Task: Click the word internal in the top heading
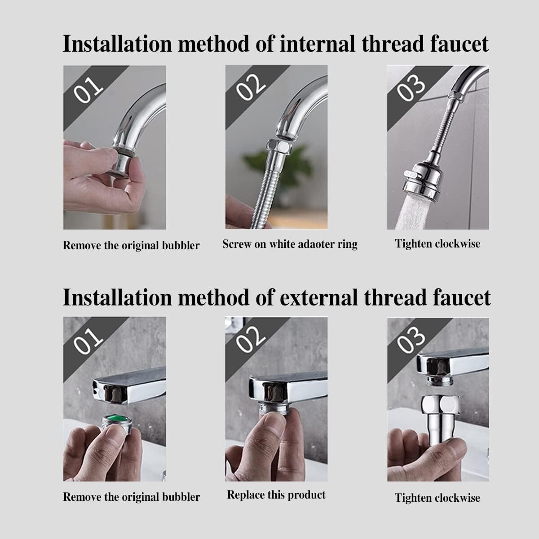tap(317, 44)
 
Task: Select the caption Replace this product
tap(276, 495)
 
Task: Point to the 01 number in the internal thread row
tap(88, 90)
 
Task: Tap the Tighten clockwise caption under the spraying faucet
tap(437, 243)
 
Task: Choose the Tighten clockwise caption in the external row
tap(437, 498)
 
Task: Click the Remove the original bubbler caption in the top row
tap(131, 246)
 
